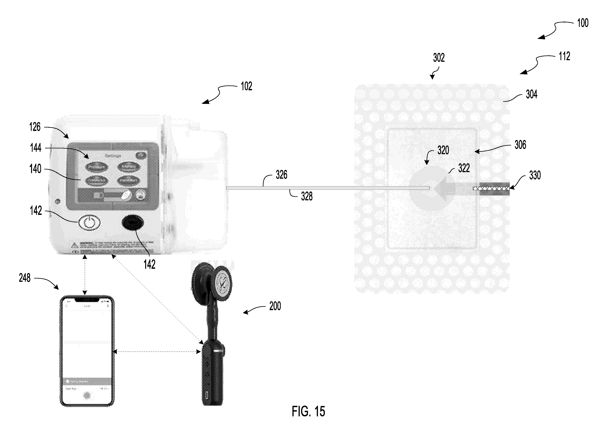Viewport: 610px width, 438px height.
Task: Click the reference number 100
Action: [583, 23]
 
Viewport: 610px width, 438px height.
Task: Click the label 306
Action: [520, 145]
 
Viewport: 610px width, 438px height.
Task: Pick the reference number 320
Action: [443, 150]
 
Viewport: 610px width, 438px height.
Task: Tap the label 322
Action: [464, 168]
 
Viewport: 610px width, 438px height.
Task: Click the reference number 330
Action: [535, 175]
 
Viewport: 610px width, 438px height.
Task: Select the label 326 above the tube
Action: [281, 175]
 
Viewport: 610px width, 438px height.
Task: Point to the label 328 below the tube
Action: [307, 196]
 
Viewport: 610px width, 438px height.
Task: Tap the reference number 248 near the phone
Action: [25, 278]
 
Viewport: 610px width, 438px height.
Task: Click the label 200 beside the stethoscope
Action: [275, 306]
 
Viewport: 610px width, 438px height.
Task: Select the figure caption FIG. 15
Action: [308, 411]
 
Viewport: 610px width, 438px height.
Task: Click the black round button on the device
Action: [133, 222]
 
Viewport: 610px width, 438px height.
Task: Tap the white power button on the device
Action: [89, 222]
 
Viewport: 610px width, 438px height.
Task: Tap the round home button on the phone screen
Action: [87, 395]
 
